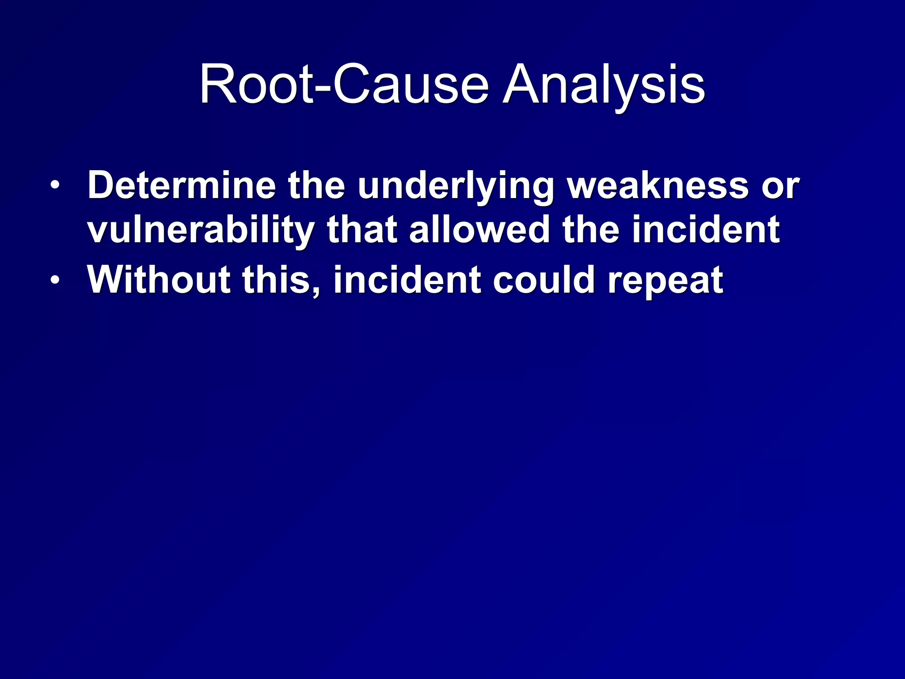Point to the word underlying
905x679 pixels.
tap(456, 186)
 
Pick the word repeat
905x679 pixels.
tap(665, 280)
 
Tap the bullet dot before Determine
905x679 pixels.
tap(54, 185)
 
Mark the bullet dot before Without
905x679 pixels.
tap(54, 279)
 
